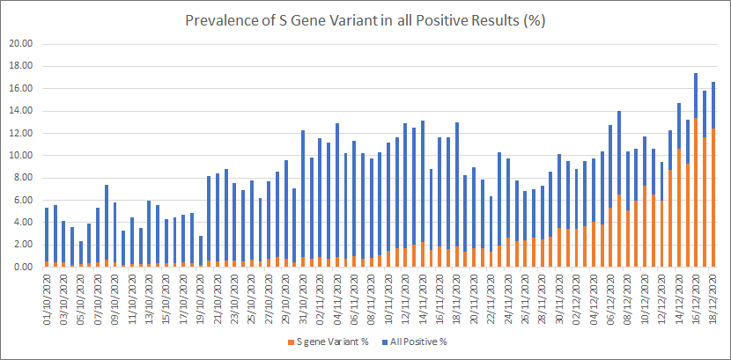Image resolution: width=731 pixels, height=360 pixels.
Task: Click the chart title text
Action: click(365, 20)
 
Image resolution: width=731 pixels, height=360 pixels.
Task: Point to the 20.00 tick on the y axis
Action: click(21, 43)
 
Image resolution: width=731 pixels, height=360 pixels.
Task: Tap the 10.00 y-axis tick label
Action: click(21, 155)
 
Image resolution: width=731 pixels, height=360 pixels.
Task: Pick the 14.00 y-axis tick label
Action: click(21, 111)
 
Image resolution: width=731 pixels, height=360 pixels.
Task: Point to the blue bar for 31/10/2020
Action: click(303, 193)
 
